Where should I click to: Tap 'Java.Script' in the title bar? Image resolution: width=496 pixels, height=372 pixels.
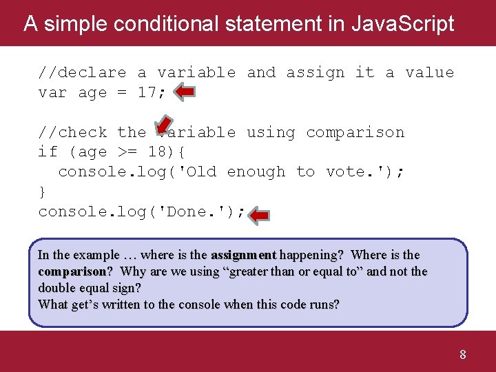[x=402, y=23]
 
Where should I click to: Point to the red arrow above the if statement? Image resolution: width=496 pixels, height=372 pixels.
[x=163, y=124]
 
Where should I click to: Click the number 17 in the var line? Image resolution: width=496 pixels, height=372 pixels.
[x=147, y=92]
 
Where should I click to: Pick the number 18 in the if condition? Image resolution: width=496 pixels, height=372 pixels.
[x=158, y=152]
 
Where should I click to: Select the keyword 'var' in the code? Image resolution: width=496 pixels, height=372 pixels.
[x=52, y=92]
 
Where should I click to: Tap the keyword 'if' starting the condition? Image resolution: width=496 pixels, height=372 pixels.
[x=48, y=152]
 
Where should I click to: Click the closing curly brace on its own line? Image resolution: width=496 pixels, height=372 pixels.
[x=43, y=192]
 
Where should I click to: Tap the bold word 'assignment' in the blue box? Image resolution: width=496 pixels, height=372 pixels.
[x=243, y=255]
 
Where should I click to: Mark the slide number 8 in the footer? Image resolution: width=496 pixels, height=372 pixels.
[x=462, y=355]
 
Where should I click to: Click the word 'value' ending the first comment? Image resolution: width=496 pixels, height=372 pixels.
[x=429, y=72]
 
